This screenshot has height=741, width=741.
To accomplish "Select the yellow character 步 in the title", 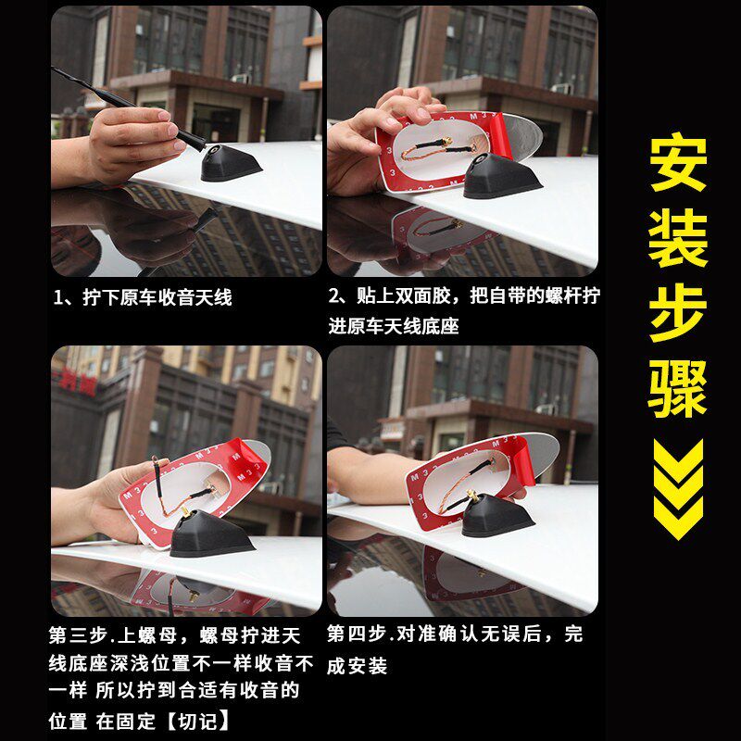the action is pyautogui.click(x=678, y=313).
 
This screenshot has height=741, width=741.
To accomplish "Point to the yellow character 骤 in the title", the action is pyautogui.click(x=678, y=388).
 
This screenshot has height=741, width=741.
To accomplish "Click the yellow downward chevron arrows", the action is pyautogui.click(x=679, y=489).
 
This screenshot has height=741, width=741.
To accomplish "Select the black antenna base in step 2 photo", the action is pyautogui.click(x=499, y=176).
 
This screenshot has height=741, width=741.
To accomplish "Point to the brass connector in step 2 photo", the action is pyautogui.click(x=446, y=141).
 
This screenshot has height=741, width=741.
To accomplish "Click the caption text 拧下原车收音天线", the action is pyautogui.click(x=157, y=297).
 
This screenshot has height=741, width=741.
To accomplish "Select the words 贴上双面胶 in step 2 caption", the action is pyautogui.click(x=403, y=295).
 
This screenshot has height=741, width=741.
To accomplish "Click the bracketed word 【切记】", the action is pyautogui.click(x=197, y=721).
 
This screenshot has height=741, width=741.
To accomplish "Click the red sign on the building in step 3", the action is pyautogui.click(x=76, y=382).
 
